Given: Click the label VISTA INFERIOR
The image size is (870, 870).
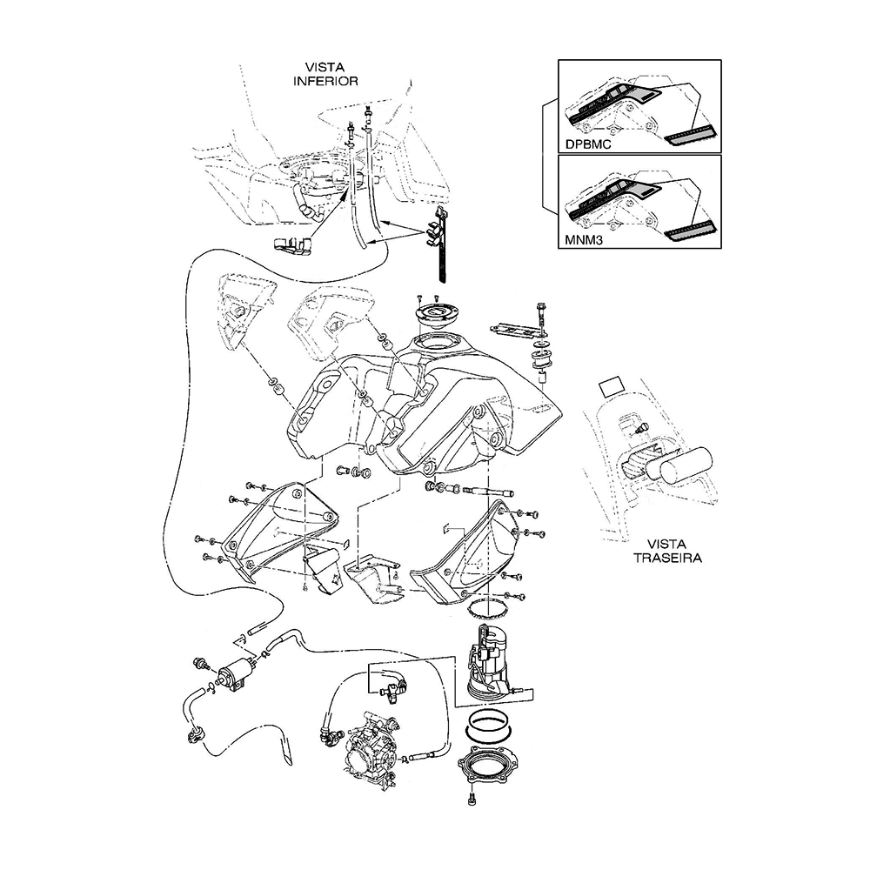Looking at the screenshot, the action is pyautogui.click(x=325, y=74).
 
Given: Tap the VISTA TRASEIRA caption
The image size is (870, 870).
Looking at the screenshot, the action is pyautogui.click(x=667, y=551).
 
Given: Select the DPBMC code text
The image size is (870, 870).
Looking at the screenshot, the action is pyautogui.click(x=588, y=144).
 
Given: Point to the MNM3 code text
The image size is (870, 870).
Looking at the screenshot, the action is pyautogui.click(x=585, y=241).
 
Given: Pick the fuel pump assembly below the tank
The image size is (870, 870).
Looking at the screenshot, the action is pyautogui.click(x=489, y=660).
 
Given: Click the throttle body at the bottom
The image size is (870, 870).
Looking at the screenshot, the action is pyautogui.click(x=370, y=746).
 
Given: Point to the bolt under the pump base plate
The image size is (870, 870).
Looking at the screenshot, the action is pyautogui.click(x=472, y=800).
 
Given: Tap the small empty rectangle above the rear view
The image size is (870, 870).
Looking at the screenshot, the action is pyautogui.click(x=612, y=386).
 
